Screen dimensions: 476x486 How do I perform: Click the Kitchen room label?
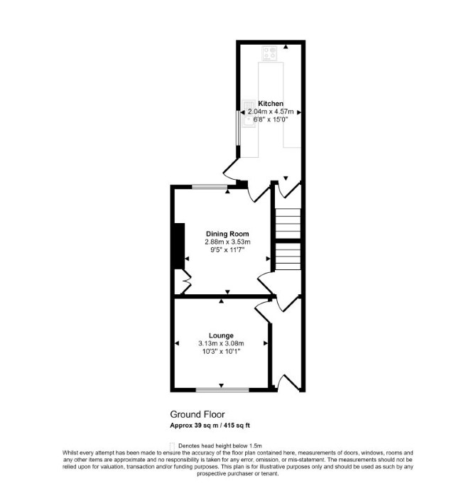(271, 104)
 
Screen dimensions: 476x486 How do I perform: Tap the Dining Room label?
(227, 234)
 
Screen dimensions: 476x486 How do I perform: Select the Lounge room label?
(221, 335)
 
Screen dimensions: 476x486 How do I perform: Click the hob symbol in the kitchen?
(269, 53)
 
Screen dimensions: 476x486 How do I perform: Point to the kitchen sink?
(249, 114)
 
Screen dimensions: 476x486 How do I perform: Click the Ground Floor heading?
(198, 414)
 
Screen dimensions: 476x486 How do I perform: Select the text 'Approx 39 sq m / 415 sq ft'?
(210, 426)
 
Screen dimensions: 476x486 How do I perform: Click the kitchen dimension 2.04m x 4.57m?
(271, 112)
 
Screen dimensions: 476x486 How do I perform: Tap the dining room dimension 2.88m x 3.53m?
(227, 242)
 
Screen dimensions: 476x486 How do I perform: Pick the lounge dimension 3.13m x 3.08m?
(221, 343)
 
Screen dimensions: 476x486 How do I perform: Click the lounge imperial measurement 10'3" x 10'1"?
(221, 352)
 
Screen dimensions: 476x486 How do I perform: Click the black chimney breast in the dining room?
(179, 246)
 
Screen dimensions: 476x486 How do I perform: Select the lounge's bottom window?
(222, 390)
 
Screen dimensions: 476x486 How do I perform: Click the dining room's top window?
(210, 187)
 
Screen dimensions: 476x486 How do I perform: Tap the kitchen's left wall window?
(238, 128)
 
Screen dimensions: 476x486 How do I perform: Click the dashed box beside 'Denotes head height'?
(173, 445)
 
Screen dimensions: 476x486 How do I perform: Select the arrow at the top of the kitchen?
(286, 47)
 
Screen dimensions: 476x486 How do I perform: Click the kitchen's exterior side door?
(231, 168)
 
